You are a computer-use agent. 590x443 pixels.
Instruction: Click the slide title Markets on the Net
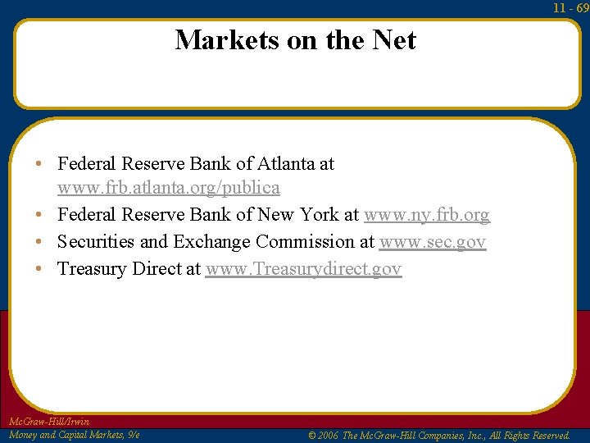295,39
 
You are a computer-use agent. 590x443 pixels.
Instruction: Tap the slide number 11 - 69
570,7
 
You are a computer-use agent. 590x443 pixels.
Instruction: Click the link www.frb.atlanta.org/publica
168,188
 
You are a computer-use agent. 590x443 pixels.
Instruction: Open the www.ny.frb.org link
426,215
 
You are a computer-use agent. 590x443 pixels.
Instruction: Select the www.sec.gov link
432,242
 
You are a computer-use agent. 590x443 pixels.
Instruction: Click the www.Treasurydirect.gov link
303,269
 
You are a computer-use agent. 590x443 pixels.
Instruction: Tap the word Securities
96,242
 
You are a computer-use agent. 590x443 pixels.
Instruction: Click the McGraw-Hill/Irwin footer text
48,422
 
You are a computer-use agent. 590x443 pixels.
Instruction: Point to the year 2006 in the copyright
326,436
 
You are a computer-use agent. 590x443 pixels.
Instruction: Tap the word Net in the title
395,39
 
